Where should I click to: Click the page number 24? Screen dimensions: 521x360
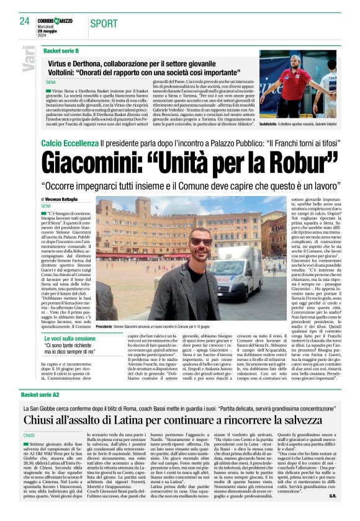tap(24, 20)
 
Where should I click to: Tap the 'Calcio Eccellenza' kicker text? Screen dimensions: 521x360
tap(69, 143)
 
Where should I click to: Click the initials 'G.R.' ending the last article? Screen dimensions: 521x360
tap(332, 513)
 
